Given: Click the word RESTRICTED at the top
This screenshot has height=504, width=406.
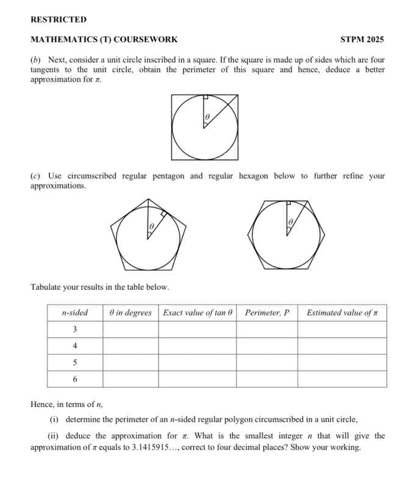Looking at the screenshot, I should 59,20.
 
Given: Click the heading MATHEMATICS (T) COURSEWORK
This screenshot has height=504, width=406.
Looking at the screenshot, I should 104,40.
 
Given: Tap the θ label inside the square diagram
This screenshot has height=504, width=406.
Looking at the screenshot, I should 207,115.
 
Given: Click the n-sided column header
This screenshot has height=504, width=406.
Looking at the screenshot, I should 75,313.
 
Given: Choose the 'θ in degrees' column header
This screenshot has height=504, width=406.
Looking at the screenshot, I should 130,313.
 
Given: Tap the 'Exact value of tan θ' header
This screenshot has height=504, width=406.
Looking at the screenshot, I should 198,313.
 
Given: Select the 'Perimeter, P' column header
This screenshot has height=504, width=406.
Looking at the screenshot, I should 266,313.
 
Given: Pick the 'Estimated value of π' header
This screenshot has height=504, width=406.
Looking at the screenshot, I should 342,313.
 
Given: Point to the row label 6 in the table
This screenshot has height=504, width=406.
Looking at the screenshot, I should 74,379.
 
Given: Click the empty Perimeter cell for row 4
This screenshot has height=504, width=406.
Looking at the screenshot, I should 266,346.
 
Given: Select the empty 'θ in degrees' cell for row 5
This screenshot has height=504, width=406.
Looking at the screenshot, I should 130,362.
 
